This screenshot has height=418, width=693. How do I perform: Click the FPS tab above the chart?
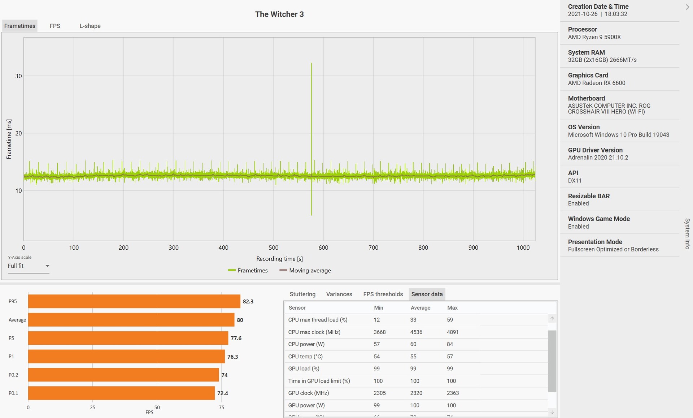(55, 26)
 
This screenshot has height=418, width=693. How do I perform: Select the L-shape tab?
(90, 26)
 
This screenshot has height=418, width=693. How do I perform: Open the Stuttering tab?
(302, 294)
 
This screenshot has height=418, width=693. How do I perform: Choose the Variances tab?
(339, 294)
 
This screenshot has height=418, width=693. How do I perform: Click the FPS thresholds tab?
(383, 294)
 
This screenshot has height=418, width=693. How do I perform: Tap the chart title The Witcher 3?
(279, 14)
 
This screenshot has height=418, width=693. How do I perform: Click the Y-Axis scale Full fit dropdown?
(29, 266)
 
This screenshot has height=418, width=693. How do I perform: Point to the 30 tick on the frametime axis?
(18, 76)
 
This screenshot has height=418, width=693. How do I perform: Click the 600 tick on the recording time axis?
(323, 247)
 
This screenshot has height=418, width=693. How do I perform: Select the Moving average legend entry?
(305, 270)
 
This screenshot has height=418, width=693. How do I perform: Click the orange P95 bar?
(134, 301)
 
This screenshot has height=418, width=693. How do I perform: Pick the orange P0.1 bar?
(121, 393)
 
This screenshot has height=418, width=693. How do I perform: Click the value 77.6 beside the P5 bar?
(236, 338)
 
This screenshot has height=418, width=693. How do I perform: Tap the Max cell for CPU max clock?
(453, 332)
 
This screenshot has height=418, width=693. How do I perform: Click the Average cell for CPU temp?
(413, 356)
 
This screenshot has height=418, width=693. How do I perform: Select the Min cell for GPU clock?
(380, 393)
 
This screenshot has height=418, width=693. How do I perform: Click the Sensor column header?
(297, 307)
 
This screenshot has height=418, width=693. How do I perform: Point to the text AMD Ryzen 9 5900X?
(594, 37)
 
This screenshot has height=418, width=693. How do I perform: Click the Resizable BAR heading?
(589, 196)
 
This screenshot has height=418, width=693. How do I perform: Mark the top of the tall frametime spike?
(311, 63)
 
